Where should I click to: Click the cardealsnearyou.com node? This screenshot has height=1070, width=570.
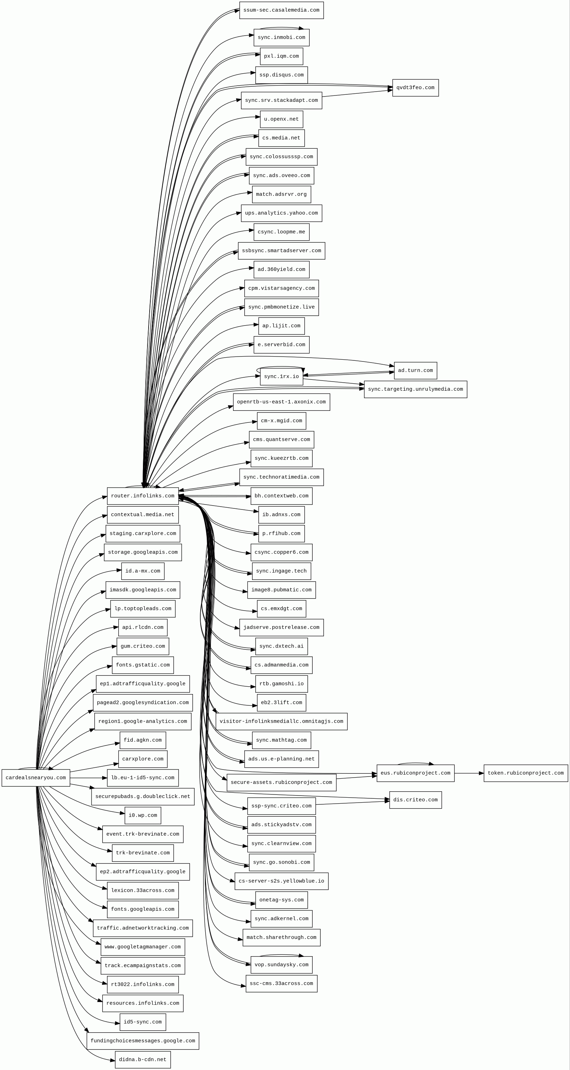[36, 778]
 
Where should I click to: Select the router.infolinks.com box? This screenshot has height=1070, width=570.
[142, 496]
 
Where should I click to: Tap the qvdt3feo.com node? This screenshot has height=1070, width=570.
[415, 88]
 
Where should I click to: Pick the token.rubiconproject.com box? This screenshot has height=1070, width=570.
[525, 773]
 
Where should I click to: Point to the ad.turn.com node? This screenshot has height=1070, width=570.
[415, 371]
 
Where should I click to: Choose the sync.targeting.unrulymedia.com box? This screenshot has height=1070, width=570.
[415, 389]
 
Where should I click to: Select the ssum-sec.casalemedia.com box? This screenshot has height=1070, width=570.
[281, 10]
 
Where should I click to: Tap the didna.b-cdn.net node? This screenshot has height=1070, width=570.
[142, 1060]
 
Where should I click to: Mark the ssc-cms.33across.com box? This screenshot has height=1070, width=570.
[281, 984]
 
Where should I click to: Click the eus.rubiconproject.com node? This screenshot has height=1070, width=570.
[415, 773]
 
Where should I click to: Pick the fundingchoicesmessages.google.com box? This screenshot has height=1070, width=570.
[142, 1040]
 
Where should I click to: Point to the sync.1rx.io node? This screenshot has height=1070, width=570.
[281, 377]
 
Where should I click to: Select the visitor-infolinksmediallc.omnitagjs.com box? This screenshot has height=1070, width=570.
[281, 722]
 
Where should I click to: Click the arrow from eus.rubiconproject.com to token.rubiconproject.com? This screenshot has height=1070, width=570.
[469, 773]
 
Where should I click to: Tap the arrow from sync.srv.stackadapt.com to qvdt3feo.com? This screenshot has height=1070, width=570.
[357, 93]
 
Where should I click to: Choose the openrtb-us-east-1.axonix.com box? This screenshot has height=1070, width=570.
[281, 402]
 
